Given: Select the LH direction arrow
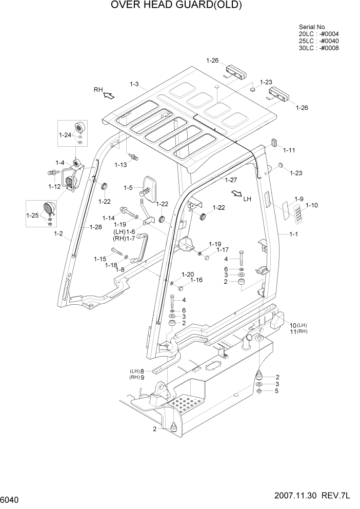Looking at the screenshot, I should (x=236, y=193).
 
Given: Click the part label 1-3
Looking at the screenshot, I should (x=134, y=84).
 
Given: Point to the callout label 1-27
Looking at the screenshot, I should (x=231, y=180).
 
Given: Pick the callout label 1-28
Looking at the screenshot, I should (x=96, y=227).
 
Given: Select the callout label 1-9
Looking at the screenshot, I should (x=299, y=199).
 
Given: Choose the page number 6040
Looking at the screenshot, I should (x=11, y=499).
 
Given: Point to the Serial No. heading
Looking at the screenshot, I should (x=312, y=27).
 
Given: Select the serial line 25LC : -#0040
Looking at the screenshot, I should (x=318, y=41).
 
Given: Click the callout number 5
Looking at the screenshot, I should (x=277, y=391).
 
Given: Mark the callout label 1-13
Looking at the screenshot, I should (x=121, y=165).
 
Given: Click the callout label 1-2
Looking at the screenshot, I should (x=58, y=233).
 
